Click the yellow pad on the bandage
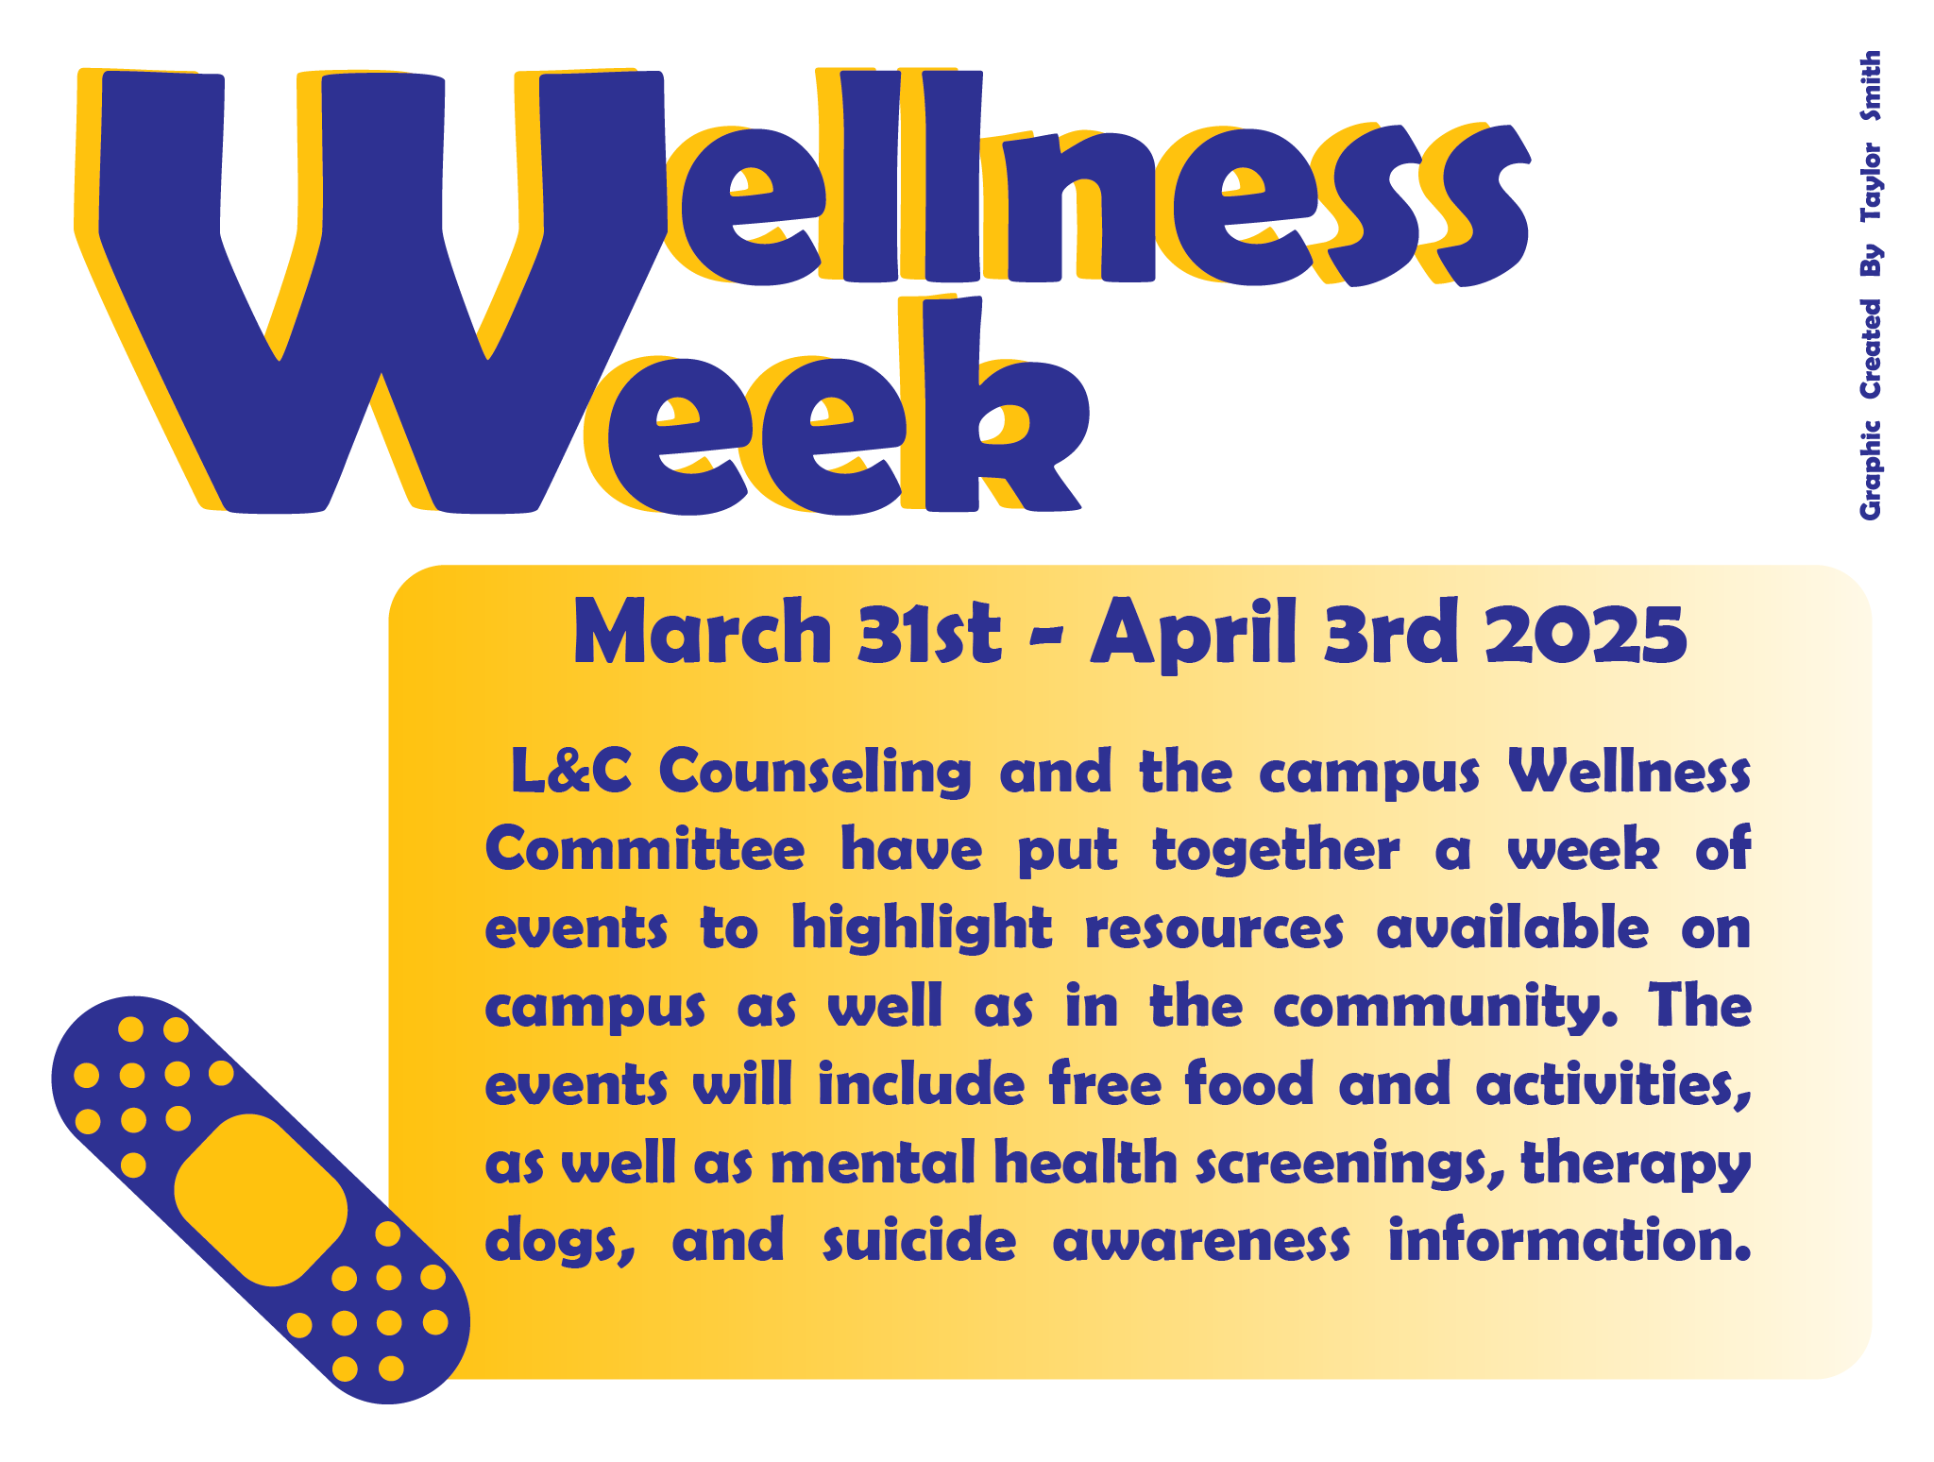pos(261,1199)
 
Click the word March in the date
pos(703,631)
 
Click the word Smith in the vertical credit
pos(1871,86)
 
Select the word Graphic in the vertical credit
pos(1871,470)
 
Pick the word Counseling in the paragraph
pos(815,773)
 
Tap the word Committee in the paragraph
pos(645,849)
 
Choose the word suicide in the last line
pos(919,1239)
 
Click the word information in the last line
pos(1569,1239)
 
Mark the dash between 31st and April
pos(1046,637)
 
